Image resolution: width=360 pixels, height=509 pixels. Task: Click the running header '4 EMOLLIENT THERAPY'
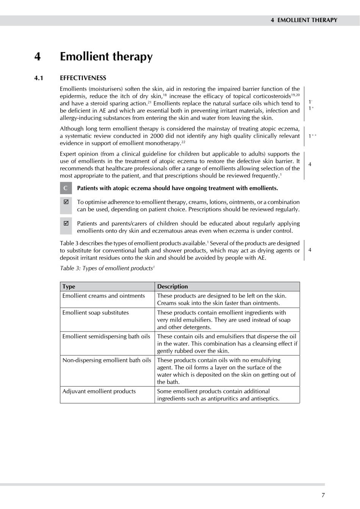click(x=304, y=20)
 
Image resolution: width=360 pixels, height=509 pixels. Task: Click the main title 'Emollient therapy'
click(x=106, y=57)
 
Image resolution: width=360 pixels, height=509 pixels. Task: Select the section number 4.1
click(x=39, y=78)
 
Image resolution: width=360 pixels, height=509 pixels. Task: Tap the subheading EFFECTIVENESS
click(x=83, y=78)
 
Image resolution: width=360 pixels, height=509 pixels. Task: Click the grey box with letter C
click(x=66, y=188)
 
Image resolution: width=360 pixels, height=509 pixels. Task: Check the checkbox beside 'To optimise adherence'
click(x=66, y=202)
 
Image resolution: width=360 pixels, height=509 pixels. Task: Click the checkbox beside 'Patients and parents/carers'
click(x=66, y=223)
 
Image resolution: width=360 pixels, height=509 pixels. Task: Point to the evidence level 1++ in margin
click(x=312, y=136)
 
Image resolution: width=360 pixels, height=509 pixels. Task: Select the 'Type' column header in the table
click(x=69, y=286)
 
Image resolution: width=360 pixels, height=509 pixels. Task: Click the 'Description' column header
click(x=172, y=286)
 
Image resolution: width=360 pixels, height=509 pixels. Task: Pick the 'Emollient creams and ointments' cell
click(x=103, y=296)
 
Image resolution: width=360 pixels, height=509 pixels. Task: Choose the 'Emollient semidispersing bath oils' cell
click(x=106, y=336)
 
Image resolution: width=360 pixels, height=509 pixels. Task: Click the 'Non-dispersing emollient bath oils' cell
click(x=106, y=360)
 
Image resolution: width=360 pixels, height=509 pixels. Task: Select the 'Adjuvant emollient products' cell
click(x=99, y=391)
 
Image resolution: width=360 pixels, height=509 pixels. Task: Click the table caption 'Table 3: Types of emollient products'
click(x=107, y=268)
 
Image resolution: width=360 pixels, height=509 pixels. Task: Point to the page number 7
click(x=323, y=495)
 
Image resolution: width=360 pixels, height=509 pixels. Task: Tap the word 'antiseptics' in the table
click(x=265, y=399)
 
